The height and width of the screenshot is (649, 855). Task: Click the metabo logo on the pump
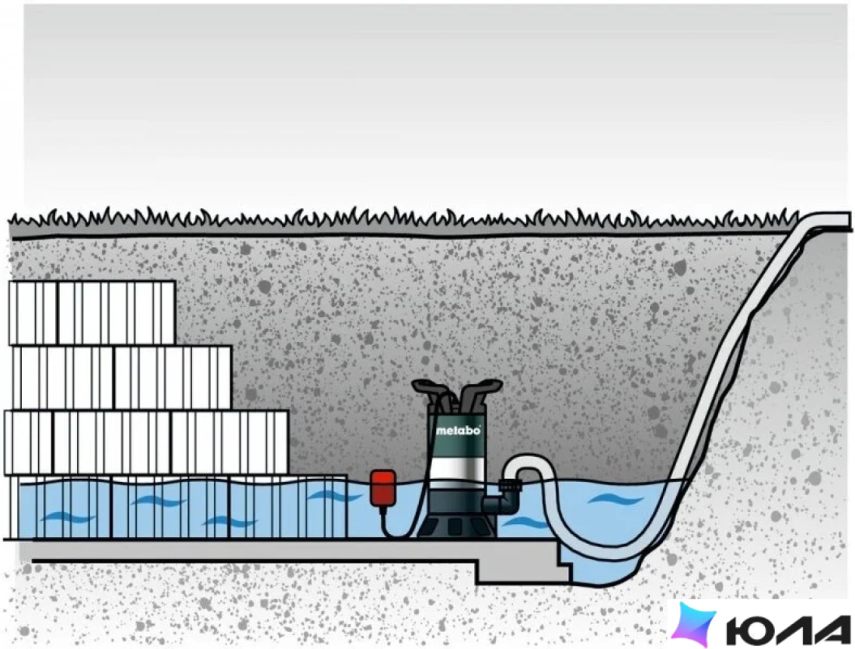point(459,431)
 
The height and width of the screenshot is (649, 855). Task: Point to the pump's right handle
point(481,388)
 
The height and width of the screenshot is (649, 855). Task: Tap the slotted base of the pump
point(455,526)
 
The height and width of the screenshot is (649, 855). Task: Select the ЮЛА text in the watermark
point(788,630)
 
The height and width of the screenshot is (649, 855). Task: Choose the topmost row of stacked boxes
point(92,312)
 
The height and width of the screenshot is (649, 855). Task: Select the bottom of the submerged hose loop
point(600,551)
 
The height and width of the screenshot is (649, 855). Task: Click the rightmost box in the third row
point(229,442)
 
